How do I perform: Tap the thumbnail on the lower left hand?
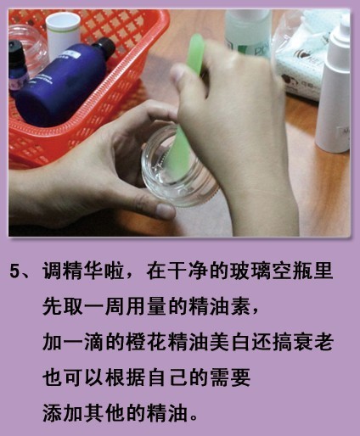[x=165, y=210]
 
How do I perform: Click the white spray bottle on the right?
[x=334, y=85]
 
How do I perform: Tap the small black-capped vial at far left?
[x=18, y=65]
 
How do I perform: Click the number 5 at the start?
[x=14, y=271]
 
